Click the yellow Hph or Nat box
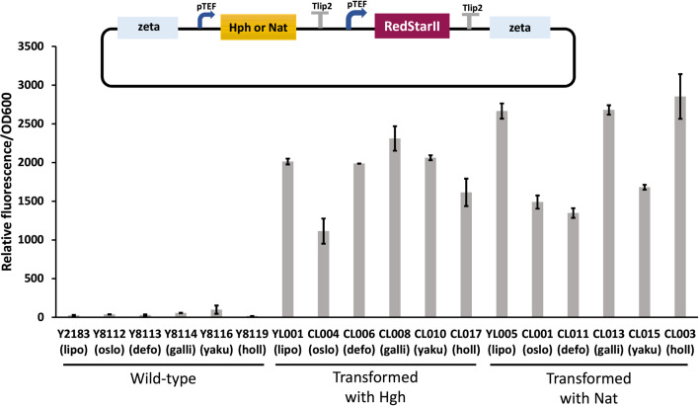[258, 27]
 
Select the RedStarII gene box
[412, 26]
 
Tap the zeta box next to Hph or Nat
[147, 28]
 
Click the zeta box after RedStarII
[519, 28]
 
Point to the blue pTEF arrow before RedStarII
[355, 19]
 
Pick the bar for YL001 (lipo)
[288, 239]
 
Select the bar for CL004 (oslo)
[324, 274]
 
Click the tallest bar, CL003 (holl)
[680, 206]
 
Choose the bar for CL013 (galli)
[608, 213]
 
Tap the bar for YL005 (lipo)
[502, 214]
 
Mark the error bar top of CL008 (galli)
[395, 126]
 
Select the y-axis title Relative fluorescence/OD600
[7, 182]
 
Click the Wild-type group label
[163, 379]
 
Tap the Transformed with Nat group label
[588, 387]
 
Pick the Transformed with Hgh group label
[375, 387]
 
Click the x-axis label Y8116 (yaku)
[216, 342]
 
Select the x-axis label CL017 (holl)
[466, 342]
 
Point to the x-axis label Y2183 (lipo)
[74, 342]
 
